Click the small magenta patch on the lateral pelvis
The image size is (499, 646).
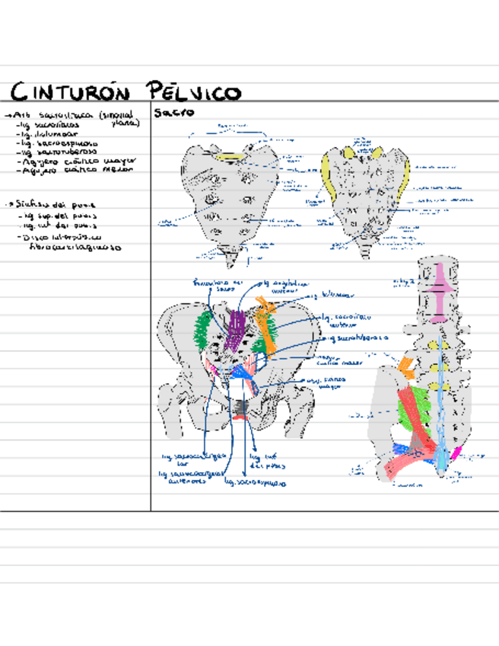456,453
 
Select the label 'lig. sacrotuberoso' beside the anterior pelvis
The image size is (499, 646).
357,336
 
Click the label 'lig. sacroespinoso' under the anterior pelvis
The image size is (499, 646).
261,482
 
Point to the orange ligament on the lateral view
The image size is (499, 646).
406,369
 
